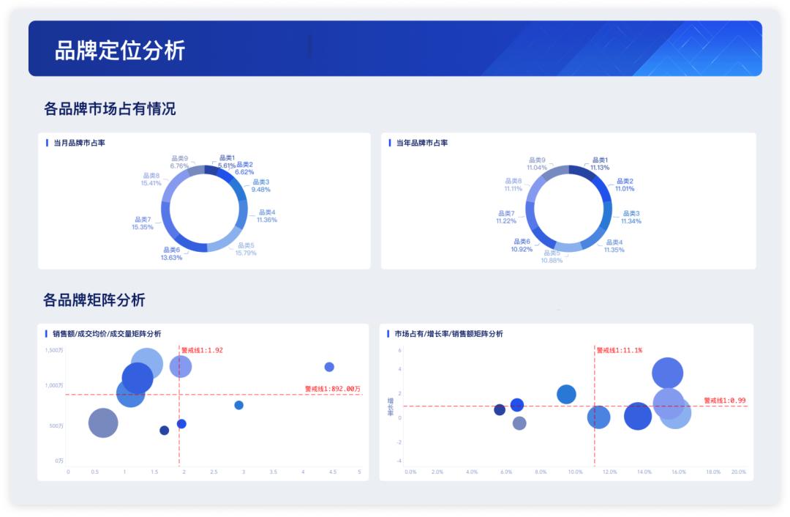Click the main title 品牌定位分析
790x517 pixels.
point(120,50)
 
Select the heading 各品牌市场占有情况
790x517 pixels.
point(110,109)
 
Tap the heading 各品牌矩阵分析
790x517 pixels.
point(94,300)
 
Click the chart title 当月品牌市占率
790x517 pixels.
point(79,143)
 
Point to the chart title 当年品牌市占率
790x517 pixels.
point(422,143)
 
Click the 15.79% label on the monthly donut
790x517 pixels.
point(246,253)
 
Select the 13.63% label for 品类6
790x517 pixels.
point(172,258)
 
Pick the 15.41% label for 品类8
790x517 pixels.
point(151,183)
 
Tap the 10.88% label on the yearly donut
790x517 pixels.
point(552,261)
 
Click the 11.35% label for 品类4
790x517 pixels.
point(614,250)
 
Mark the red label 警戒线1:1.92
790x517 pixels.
point(202,350)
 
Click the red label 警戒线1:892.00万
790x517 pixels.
point(333,389)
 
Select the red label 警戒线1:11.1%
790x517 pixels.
point(619,350)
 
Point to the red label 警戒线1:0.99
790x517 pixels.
point(725,401)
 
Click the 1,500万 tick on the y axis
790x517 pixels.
point(54,350)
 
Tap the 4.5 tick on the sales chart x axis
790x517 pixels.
point(333,472)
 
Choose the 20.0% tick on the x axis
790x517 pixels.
point(738,472)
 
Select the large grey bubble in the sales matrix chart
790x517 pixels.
point(103,423)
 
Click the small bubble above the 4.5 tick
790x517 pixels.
point(329,367)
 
